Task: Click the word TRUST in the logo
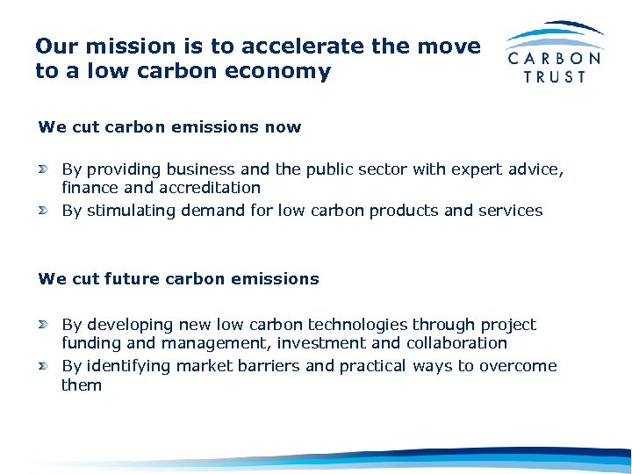(x=555, y=76)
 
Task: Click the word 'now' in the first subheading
(x=283, y=126)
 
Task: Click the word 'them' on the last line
(x=82, y=384)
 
